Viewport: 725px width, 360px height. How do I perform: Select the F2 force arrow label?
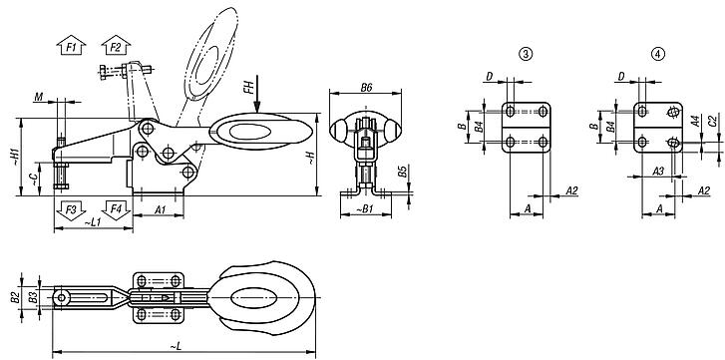[115, 46]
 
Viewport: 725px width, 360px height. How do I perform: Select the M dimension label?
[39, 97]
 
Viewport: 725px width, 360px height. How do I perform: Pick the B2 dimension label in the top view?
[15, 297]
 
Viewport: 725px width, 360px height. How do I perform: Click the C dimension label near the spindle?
[33, 179]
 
